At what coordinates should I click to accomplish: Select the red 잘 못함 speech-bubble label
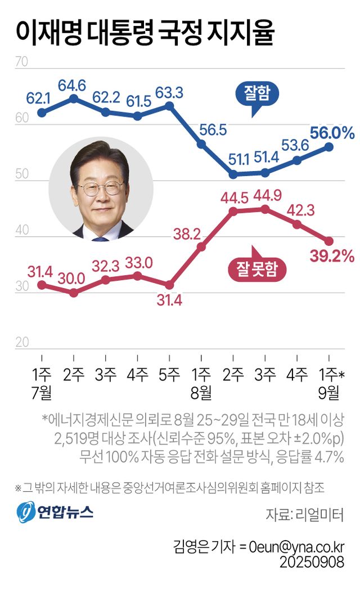[256, 269]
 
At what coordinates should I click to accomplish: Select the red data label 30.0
[73, 277]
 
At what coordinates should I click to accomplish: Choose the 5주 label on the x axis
[169, 374]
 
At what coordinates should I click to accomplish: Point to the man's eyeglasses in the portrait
[100, 187]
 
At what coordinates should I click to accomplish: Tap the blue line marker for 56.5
[201, 145]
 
